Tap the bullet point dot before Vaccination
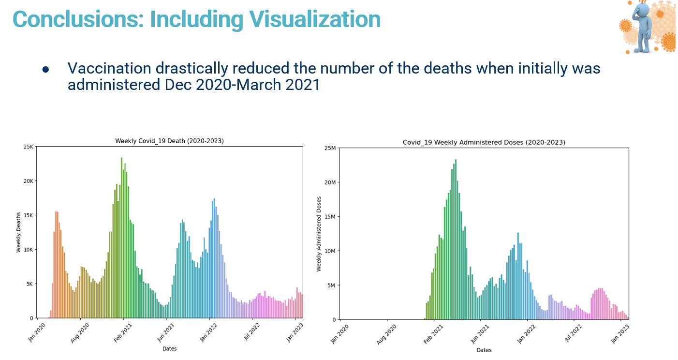(46, 70)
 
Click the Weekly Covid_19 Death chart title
(169, 141)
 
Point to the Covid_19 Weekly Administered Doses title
(484, 142)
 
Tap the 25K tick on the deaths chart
(29, 147)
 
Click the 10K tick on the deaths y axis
(29, 250)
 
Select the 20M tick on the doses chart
(330, 182)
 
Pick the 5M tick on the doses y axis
(331, 285)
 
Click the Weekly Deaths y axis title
(19, 232)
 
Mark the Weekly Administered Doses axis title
(319, 234)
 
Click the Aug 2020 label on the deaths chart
(80, 333)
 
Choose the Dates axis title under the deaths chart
(169, 349)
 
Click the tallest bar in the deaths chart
(121, 238)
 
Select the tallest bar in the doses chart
(456, 240)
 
